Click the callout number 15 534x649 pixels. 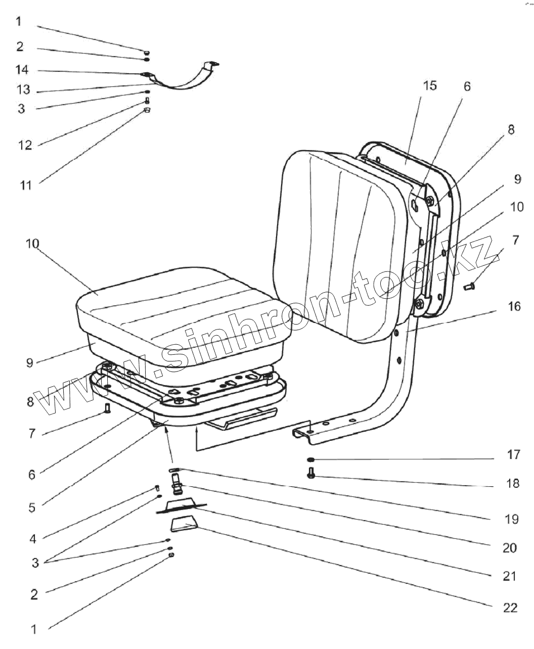[x=429, y=85]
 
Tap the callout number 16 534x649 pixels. [x=514, y=306]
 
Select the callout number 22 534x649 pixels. [x=511, y=607]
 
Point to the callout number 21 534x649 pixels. [x=510, y=576]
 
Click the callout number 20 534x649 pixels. [x=510, y=547]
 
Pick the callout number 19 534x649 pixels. [x=511, y=519]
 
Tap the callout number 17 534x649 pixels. [x=513, y=455]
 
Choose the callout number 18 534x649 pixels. [x=512, y=483]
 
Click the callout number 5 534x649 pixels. [x=32, y=507]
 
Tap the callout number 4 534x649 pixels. [x=33, y=539]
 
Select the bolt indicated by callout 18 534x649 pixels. [x=311, y=474]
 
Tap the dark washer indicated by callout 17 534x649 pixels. [x=310, y=459]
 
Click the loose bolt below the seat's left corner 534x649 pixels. [x=107, y=408]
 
